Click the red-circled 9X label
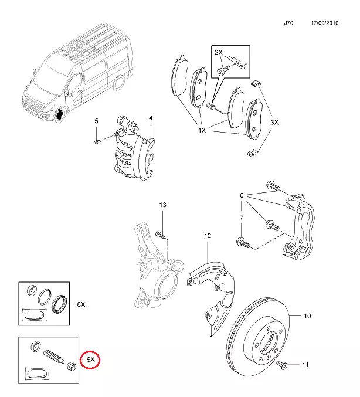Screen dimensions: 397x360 [91, 358]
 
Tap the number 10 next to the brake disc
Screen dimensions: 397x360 [306, 317]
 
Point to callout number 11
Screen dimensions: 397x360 [304, 365]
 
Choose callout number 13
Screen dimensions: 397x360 [163, 205]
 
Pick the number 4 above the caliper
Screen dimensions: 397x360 [150, 118]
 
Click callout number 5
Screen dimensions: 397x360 [97, 121]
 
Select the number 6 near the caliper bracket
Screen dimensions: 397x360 [241, 195]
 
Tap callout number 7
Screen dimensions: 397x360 [241, 217]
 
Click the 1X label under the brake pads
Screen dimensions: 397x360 [202, 130]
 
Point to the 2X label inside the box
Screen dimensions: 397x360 [218, 53]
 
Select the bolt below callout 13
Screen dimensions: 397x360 [160, 235]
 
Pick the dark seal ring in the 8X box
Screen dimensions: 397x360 [59, 304]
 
